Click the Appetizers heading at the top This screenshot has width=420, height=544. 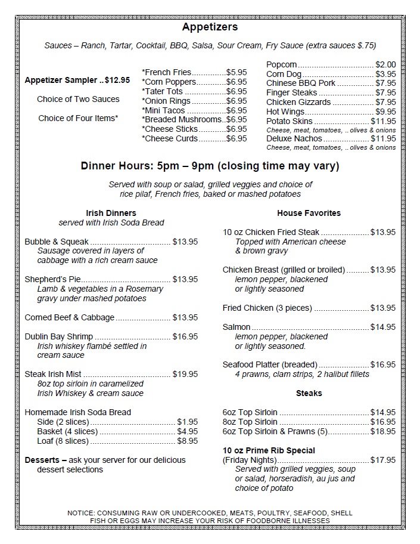[x=210, y=27]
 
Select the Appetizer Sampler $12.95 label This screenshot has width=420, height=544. [x=77, y=80]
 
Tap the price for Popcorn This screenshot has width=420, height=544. [x=385, y=64]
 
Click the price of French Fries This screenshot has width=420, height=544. [x=237, y=72]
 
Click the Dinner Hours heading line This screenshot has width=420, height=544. [x=210, y=166]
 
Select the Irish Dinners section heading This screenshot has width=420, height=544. [x=111, y=213]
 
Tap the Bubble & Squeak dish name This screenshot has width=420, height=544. [x=57, y=242]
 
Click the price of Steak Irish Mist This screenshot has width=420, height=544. [x=185, y=374]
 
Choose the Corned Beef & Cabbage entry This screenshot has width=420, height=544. [x=70, y=317]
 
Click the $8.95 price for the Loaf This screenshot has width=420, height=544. [x=188, y=441]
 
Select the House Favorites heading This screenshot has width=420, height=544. [x=309, y=213]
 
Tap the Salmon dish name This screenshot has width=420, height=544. [x=237, y=327]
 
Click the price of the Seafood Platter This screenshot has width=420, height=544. [x=383, y=364]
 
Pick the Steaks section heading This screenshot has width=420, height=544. [x=309, y=393]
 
